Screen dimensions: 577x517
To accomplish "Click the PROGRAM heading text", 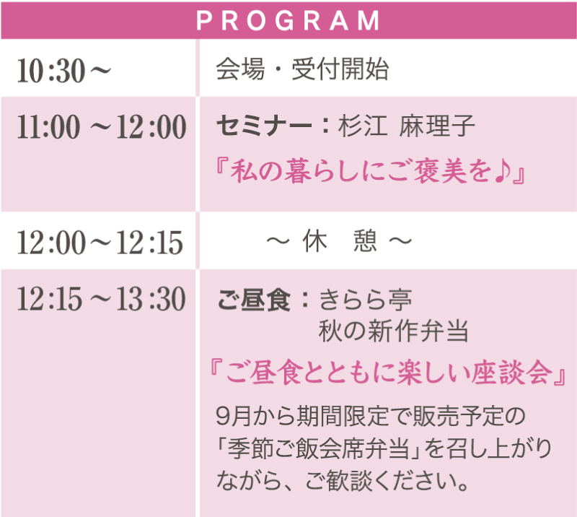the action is tap(288, 20).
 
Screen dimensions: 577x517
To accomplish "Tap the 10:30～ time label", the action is tap(64, 70).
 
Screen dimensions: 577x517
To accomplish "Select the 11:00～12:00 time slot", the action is tap(102, 127).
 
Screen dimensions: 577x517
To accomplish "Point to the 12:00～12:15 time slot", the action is tap(100, 242).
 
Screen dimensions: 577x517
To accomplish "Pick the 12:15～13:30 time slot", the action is tap(102, 298).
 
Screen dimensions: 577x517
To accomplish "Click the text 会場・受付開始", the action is tap(302, 69).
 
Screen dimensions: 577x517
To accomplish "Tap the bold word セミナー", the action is tap(264, 126).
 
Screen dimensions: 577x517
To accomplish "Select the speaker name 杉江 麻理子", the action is tap(407, 126).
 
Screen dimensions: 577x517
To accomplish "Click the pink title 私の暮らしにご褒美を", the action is tap(362, 171).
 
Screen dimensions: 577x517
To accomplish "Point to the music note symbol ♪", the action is tap(503, 172).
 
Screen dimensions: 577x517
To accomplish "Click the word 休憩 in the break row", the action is tap(340, 241).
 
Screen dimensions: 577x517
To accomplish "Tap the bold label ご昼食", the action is tap(254, 299).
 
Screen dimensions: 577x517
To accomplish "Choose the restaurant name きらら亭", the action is tap(366, 299).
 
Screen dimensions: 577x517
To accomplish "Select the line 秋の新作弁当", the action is tap(394, 331).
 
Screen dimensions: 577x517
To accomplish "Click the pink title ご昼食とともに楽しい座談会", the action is tap(389, 372).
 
